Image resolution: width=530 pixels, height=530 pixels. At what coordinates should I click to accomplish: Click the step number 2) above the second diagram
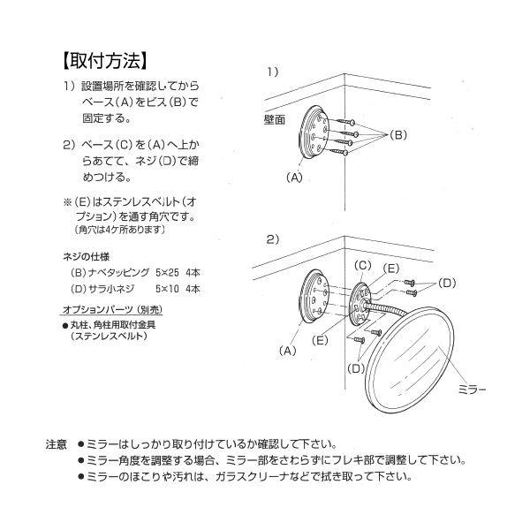pos(272,238)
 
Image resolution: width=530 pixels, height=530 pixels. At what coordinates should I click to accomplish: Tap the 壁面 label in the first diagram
pos(275,118)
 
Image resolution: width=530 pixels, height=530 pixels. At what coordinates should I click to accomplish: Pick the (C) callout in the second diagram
pos(362,264)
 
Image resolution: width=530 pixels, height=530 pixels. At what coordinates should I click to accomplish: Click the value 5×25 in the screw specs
pos(165,273)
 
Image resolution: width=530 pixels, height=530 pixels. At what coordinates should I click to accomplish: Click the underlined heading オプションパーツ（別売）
pos(111,312)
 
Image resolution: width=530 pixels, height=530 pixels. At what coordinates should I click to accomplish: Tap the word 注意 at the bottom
pos(56,443)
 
